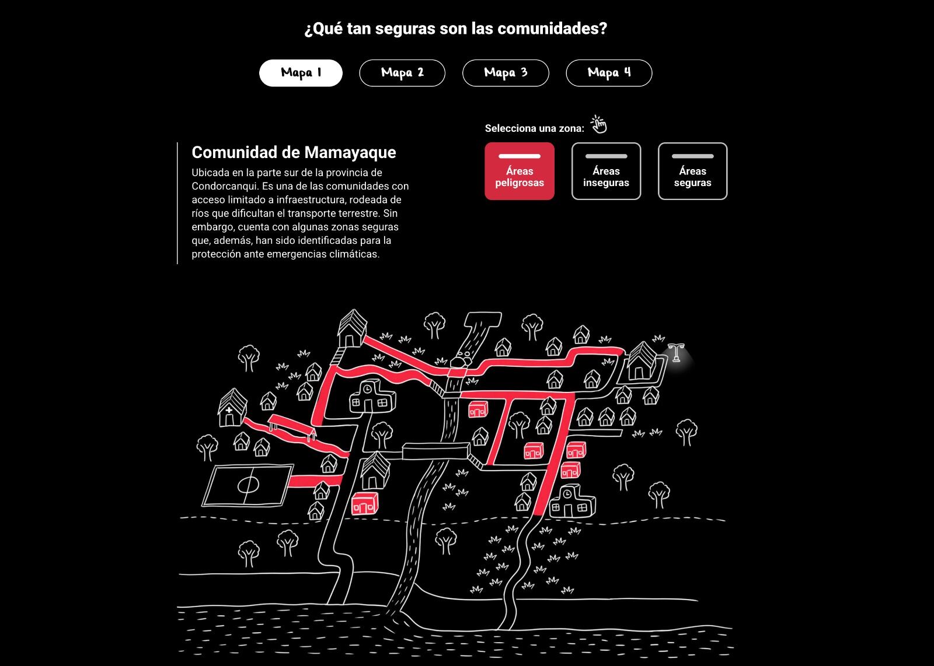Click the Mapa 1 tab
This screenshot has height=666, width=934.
tap(301, 73)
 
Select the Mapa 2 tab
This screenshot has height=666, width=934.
tap(402, 73)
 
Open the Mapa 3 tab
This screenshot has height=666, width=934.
tap(506, 73)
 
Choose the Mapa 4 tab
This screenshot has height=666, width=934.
tap(609, 73)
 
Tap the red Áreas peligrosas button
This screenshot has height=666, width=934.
tap(520, 171)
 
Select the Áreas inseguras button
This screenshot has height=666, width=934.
tap(606, 171)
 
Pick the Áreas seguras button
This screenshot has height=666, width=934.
tap(692, 171)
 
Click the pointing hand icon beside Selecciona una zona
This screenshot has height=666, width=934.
tap(598, 124)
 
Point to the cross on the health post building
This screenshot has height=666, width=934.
tap(229, 411)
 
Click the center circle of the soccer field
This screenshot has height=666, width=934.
tap(248, 484)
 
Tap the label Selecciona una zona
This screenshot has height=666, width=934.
tap(534, 128)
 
